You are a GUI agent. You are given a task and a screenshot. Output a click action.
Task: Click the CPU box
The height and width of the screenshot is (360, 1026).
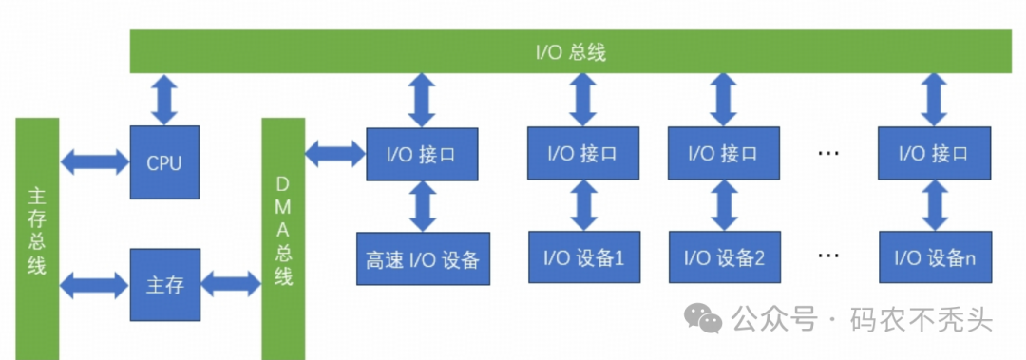pyautogui.click(x=164, y=162)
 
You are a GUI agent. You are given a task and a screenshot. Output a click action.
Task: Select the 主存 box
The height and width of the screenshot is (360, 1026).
pyautogui.click(x=164, y=284)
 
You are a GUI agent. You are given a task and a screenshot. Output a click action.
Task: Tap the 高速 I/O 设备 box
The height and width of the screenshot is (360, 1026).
pyautogui.click(x=423, y=258)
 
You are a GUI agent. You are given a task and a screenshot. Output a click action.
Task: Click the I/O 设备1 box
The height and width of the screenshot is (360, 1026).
pyautogui.click(x=584, y=256)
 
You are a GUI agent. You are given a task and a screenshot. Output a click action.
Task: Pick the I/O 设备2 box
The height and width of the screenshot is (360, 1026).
pyautogui.click(x=724, y=256)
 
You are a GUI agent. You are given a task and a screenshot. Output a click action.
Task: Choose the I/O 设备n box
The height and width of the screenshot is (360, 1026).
pyautogui.click(x=935, y=256)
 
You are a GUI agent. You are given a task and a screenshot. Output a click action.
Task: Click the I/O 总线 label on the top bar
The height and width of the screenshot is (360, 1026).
pyautogui.click(x=570, y=52)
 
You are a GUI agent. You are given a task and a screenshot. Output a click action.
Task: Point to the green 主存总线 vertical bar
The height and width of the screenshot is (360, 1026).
pyautogui.click(x=37, y=237)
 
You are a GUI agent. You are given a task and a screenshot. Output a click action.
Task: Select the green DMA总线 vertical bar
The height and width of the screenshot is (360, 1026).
pyautogui.click(x=283, y=237)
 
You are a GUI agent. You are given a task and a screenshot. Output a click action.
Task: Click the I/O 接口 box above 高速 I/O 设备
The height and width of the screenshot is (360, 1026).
pyautogui.click(x=423, y=153)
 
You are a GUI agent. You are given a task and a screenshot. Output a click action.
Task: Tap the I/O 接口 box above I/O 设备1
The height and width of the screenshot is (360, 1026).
pyautogui.click(x=584, y=152)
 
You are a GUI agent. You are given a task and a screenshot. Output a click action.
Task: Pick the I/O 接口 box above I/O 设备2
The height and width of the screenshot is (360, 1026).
pyautogui.click(x=724, y=152)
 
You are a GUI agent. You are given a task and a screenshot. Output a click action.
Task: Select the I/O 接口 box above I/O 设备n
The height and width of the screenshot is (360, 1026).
pyautogui.click(x=935, y=152)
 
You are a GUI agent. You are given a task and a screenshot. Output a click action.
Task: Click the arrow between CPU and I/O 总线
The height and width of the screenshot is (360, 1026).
pyautogui.click(x=164, y=100)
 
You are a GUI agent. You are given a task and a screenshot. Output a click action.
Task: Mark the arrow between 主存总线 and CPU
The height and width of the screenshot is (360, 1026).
pyautogui.click(x=94, y=161)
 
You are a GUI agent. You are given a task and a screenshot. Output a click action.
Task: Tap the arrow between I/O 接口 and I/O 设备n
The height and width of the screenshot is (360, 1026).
pyautogui.click(x=935, y=204)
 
